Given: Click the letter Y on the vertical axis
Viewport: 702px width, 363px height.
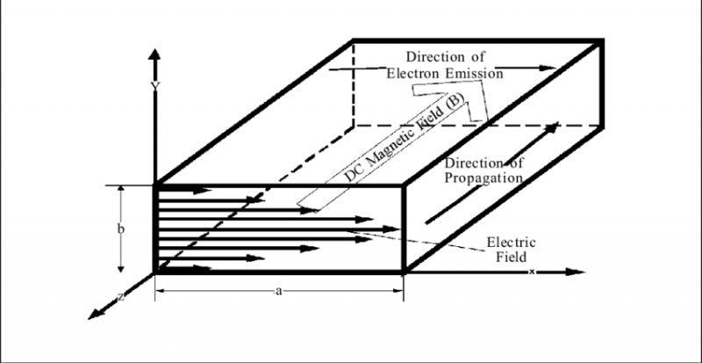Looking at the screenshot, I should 154,86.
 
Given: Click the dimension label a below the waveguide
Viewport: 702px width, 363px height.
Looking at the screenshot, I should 277,288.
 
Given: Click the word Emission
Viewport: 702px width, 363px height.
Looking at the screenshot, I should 470,75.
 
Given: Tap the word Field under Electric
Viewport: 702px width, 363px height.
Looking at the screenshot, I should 510,258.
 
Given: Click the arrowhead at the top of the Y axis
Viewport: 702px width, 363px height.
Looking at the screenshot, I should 154,54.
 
